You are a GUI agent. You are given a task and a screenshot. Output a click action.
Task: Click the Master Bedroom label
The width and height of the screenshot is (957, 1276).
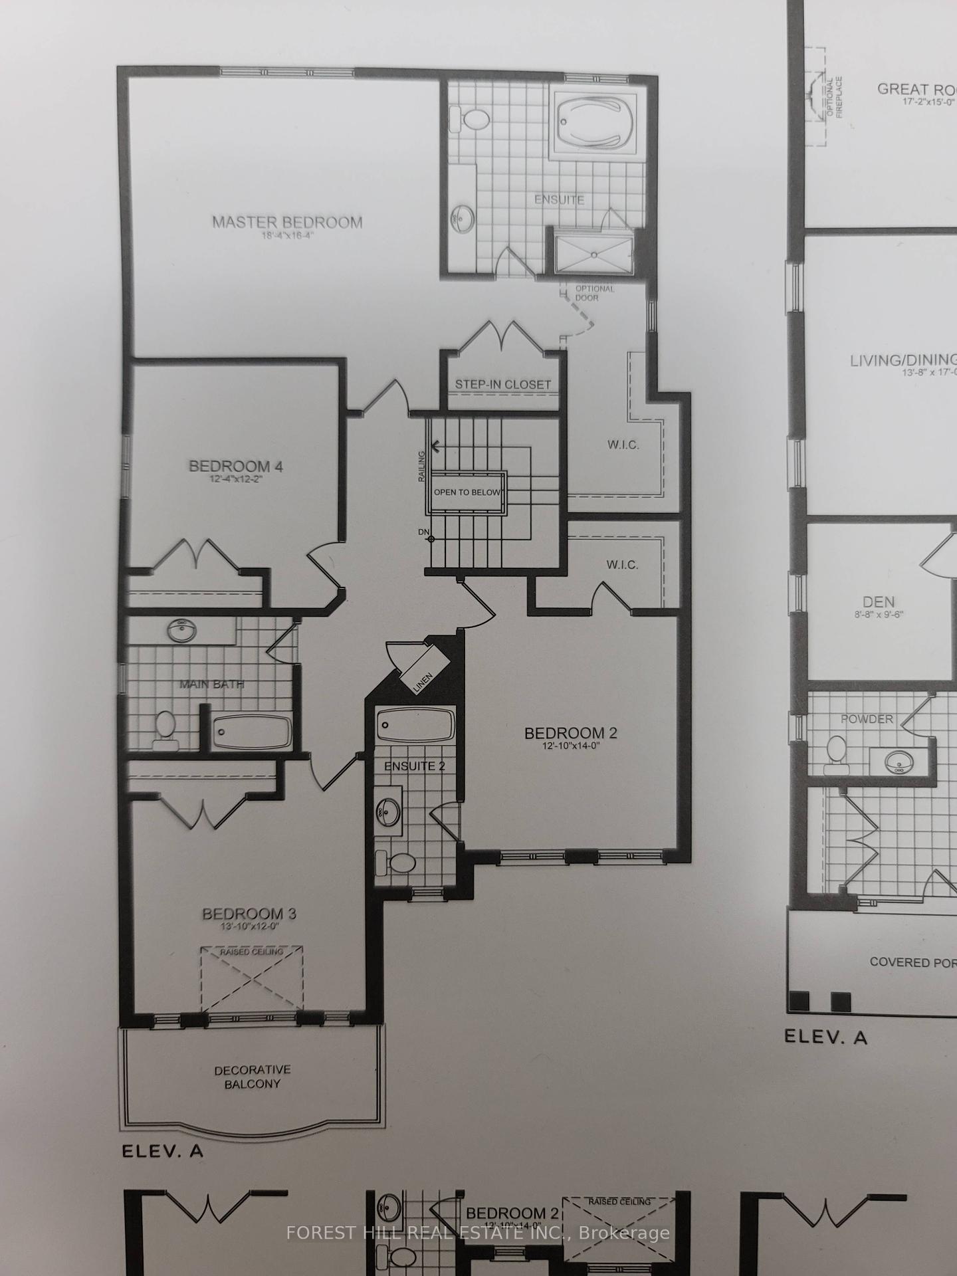(287, 223)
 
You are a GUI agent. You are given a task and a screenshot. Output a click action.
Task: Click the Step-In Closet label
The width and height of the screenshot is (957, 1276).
(503, 384)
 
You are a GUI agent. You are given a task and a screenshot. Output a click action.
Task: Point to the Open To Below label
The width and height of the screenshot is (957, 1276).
(469, 492)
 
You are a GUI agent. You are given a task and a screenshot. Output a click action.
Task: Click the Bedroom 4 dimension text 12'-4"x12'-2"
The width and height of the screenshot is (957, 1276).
(236, 479)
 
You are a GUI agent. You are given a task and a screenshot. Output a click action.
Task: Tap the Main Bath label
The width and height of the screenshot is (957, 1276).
(212, 684)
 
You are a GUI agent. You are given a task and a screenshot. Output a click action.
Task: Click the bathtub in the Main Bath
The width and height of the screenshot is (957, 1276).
(252, 732)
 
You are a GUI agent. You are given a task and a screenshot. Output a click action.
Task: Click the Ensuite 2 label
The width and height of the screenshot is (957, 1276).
(415, 766)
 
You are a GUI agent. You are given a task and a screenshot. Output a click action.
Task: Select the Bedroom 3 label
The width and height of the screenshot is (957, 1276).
(249, 914)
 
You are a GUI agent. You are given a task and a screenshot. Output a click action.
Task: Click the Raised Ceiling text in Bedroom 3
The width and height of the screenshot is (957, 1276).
(251, 952)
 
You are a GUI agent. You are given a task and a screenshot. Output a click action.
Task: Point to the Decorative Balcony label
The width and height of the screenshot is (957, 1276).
(252, 1077)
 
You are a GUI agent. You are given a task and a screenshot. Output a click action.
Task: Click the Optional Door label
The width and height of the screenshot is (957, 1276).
(594, 293)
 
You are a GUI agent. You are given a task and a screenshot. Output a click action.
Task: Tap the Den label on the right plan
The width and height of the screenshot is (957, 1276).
(879, 602)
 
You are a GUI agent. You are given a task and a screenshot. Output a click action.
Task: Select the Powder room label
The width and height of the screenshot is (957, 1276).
(867, 719)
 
